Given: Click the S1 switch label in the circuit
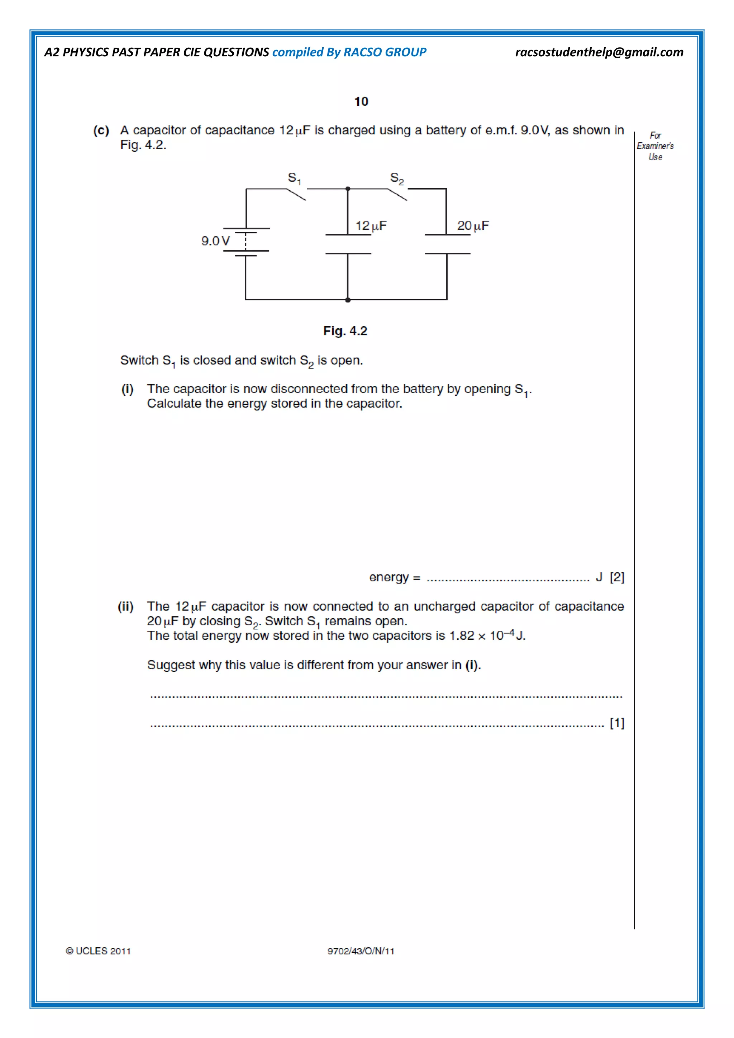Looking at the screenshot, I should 294,178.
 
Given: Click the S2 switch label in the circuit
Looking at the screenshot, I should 397,178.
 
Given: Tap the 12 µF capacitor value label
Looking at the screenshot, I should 371,225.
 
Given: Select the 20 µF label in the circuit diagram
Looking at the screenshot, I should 473,225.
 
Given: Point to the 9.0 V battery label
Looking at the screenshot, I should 215,241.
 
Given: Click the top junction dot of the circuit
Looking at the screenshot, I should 348,189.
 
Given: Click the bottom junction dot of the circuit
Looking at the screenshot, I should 348,300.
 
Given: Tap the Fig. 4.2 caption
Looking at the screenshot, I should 345,331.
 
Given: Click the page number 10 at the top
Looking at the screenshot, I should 361,101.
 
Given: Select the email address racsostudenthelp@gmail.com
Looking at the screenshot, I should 599,52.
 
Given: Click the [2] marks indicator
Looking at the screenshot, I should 617,577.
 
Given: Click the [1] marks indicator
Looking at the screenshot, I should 617,723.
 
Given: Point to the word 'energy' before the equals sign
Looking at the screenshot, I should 389,577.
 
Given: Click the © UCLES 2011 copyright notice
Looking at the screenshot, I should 98,951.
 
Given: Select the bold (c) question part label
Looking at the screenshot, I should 101,131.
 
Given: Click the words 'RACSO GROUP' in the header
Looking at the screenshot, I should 385,52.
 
